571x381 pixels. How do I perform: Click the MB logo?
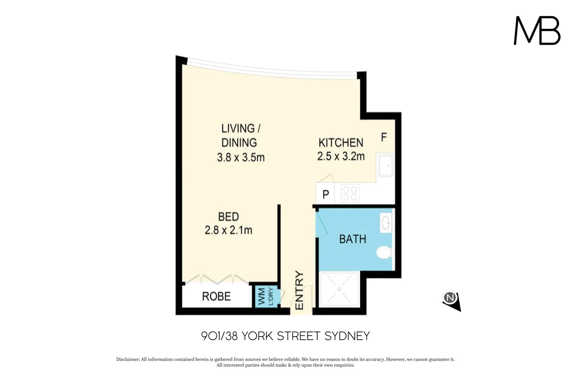(537, 30)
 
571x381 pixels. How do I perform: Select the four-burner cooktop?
(350, 193)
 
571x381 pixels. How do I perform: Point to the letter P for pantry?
(326, 194)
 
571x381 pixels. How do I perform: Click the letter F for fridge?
(384, 137)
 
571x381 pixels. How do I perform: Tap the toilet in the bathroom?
(384, 253)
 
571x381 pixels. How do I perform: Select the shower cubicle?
(339, 289)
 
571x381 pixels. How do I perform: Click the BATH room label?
(352, 239)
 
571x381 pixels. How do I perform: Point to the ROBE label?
(216, 296)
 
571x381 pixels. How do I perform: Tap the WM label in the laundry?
(262, 296)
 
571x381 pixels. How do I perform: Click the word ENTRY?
(299, 290)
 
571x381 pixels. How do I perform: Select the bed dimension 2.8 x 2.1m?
(228, 230)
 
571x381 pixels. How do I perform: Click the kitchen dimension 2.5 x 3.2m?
(341, 156)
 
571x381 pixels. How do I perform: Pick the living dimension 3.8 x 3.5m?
(241, 157)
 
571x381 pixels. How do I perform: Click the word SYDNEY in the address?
(347, 336)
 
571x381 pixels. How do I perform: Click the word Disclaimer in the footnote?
(128, 359)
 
